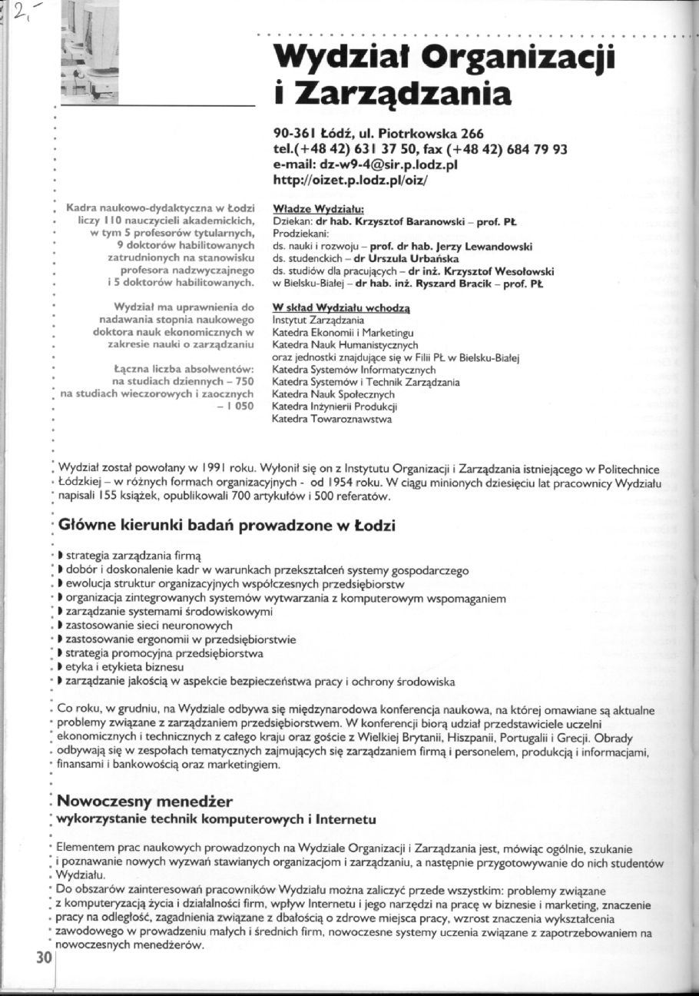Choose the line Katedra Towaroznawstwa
click(332, 419)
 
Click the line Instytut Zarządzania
click(318, 320)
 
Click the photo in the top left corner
click(88, 51)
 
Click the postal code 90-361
click(294, 133)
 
